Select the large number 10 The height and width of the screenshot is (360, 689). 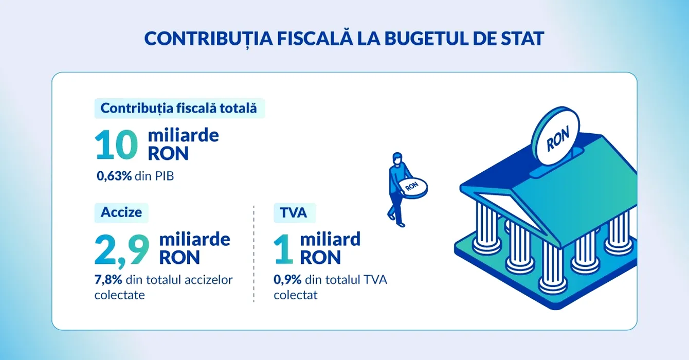(x=116, y=145)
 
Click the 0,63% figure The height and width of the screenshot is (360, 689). (x=114, y=176)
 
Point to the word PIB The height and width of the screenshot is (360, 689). (x=164, y=176)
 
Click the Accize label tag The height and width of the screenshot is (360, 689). (x=121, y=212)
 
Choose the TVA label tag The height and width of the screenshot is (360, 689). (x=294, y=212)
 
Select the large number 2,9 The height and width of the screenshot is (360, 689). (x=122, y=250)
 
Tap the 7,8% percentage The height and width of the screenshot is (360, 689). (x=108, y=280)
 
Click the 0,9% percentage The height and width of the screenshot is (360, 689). (x=287, y=280)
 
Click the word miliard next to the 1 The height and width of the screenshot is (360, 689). (x=330, y=239)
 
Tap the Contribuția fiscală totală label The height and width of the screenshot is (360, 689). (x=179, y=109)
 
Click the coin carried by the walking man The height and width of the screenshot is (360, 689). (x=412, y=187)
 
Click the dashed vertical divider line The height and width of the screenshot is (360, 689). (x=254, y=254)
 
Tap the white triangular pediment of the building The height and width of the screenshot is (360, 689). (x=508, y=210)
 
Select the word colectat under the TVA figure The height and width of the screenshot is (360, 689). (x=296, y=295)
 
